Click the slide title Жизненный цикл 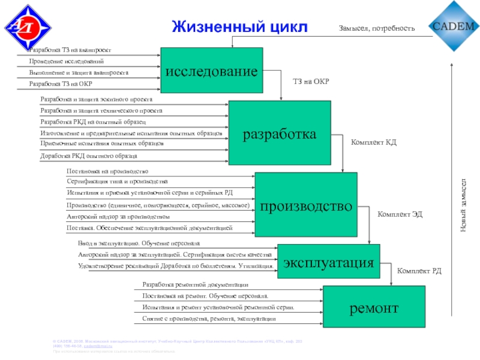point(239,27)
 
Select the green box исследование point(211,71)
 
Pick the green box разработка point(279,133)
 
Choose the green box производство point(305,206)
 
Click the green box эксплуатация point(328,261)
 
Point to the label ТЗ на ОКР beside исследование point(311,81)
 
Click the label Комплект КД point(373,143)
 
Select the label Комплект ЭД point(400,214)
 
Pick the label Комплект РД point(419,271)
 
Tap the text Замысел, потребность point(377,28)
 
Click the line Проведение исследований point(67,61)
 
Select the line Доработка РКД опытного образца point(89,156)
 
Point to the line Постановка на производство point(107,172)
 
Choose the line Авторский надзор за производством point(118,217)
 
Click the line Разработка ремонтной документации point(195,284)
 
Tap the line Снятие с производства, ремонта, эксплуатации point(209,319)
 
